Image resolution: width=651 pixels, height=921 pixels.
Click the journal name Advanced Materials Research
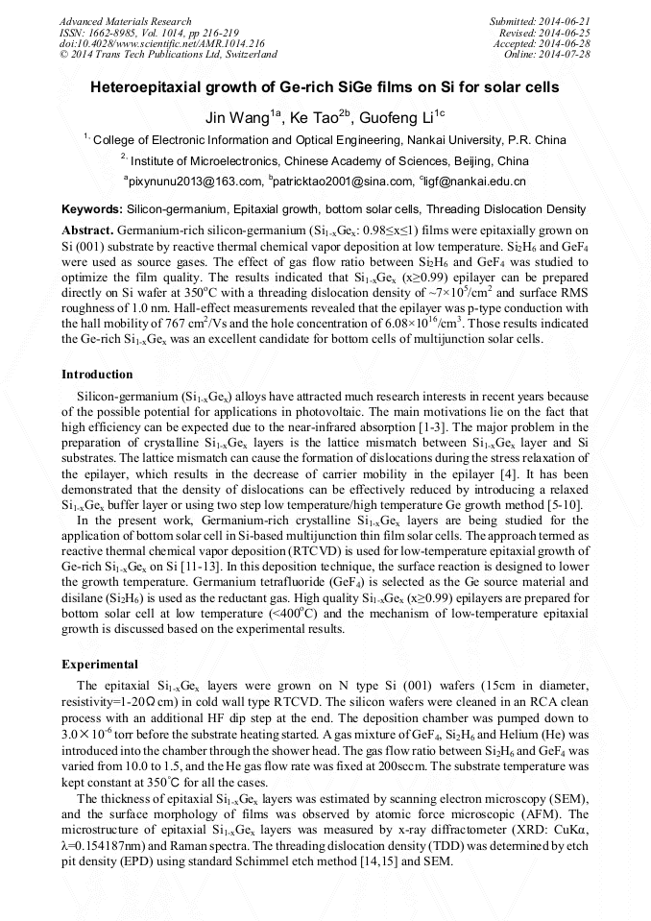[125, 21]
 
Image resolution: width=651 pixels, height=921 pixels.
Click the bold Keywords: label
[91, 208]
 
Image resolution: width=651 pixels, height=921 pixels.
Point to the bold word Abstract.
[87, 231]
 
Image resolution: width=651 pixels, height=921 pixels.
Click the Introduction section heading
[97, 374]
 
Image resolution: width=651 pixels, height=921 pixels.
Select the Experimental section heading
[100, 664]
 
